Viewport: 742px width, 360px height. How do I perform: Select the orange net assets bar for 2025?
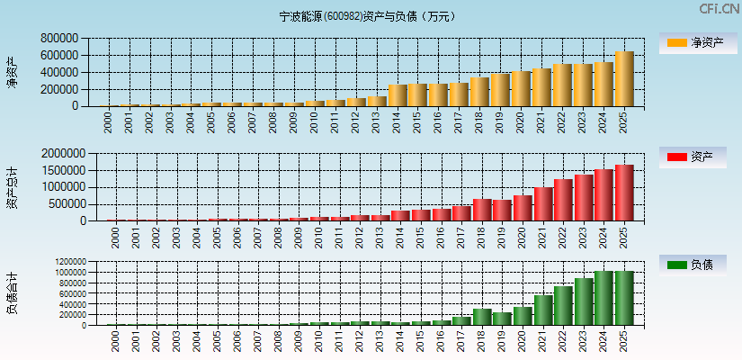624,79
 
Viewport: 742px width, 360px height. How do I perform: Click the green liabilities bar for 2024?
603,298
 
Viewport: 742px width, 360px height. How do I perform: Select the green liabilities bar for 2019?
501,319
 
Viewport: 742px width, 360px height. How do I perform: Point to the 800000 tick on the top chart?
58,39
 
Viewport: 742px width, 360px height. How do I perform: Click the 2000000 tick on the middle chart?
62,154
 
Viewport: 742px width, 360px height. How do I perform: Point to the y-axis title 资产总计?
12,186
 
